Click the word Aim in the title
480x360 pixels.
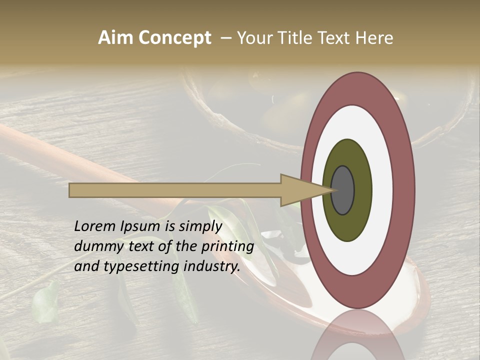(115, 38)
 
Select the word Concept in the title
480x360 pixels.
(174, 38)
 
